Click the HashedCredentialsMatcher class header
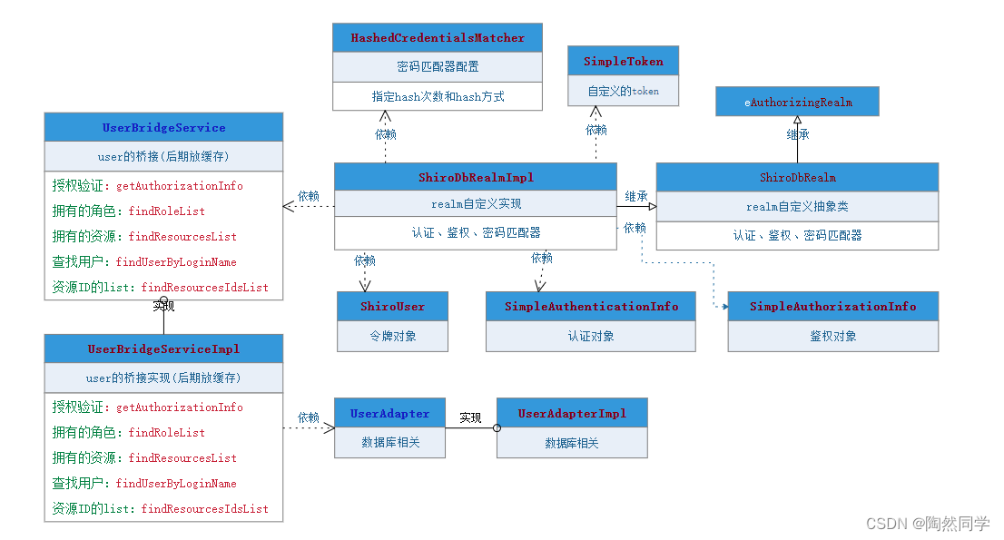[438, 38]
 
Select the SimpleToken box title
[623, 62]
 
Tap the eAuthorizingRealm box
[797, 103]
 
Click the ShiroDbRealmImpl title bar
[475, 177]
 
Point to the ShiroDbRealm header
[797, 177]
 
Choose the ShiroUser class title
[392, 306]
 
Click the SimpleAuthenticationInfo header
[591, 306]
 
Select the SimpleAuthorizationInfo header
[832, 306]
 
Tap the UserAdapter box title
[389, 413]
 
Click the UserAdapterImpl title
[572, 413]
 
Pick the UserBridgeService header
[163, 127]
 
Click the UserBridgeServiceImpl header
[163, 349]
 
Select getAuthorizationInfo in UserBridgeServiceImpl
[180, 407]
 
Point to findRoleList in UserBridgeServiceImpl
[167, 433]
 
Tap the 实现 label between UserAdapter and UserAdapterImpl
[470, 418]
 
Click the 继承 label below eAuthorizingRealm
[797, 134]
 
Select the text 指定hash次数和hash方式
[438, 96]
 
